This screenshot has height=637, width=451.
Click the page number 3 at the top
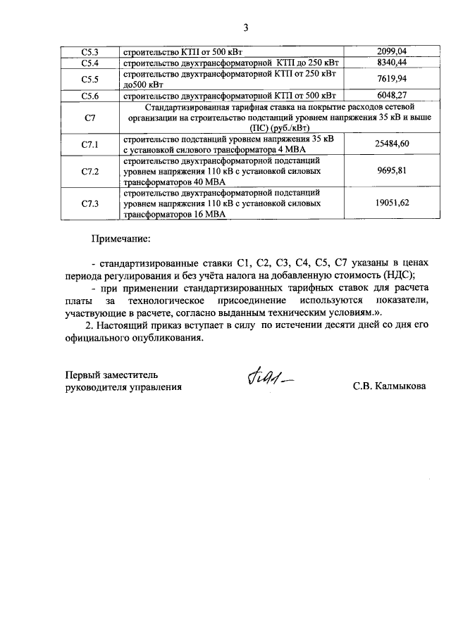coord(246,28)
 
